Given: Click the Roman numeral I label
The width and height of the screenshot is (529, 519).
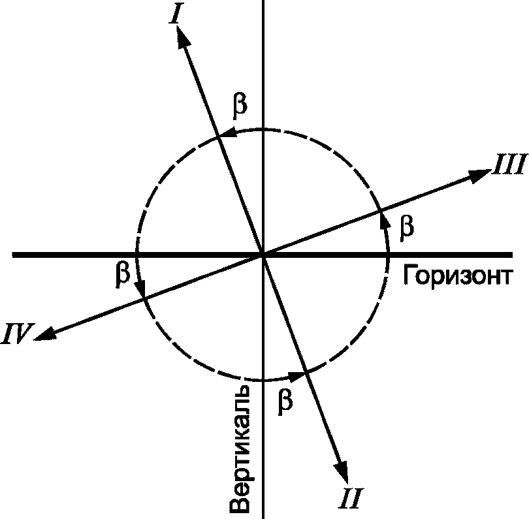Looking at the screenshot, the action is (x=174, y=14).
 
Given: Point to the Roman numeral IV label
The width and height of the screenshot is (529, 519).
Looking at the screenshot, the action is (x=18, y=335).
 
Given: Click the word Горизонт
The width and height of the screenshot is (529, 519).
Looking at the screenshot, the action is (x=455, y=277).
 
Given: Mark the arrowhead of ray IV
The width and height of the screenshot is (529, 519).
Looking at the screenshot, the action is (x=45, y=336).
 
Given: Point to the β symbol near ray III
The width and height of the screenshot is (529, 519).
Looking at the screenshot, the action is (x=406, y=227).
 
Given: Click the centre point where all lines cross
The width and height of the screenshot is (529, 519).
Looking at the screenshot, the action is (x=263, y=254).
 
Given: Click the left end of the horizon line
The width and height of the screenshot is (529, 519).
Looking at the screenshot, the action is (x=14, y=254).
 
